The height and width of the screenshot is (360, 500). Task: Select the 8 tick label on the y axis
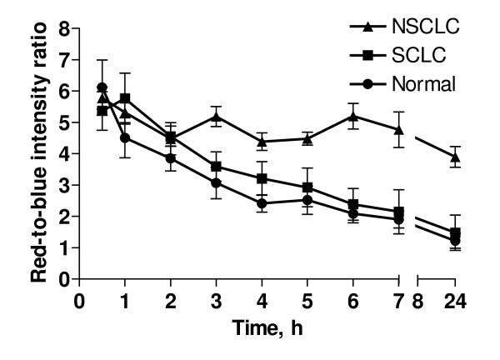62,28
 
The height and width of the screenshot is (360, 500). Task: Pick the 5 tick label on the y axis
62,122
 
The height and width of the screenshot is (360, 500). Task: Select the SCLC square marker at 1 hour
126,98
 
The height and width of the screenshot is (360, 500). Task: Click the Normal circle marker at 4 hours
262,203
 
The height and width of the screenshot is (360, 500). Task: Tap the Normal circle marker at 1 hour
126,138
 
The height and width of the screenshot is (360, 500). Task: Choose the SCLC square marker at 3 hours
217,167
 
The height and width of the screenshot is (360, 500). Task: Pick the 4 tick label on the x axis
262,300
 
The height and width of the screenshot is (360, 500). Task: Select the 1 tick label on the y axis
62,247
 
